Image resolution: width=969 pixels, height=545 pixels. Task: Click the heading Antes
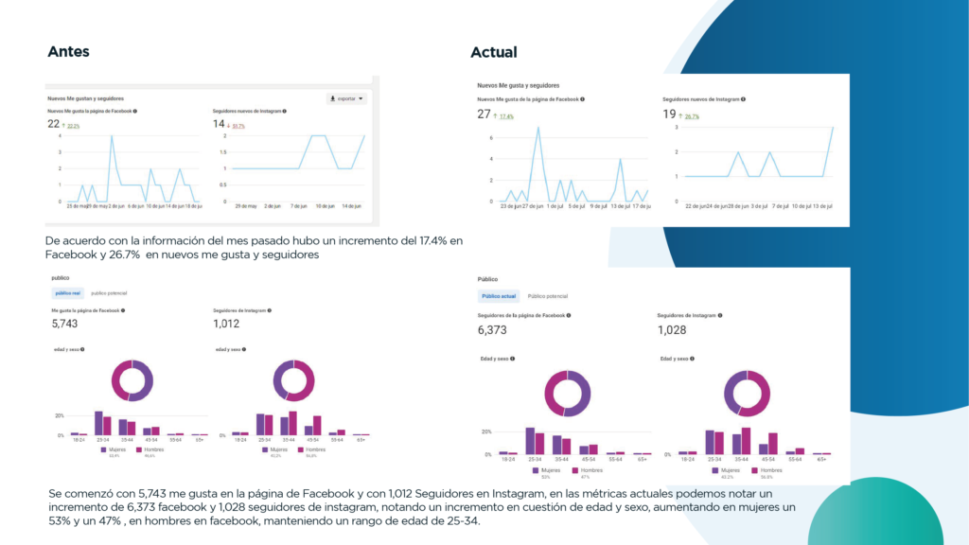click(68, 52)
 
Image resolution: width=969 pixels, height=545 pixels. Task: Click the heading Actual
click(494, 52)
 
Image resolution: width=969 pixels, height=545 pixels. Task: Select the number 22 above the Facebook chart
click(54, 123)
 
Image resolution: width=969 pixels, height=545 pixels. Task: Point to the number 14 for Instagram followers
click(219, 123)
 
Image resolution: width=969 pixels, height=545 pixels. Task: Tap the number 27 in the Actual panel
click(484, 114)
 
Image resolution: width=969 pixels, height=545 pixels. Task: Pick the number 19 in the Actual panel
click(669, 114)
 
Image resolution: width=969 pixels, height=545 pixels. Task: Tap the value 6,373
click(494, 330)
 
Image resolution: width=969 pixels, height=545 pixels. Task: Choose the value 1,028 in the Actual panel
click(672, 330)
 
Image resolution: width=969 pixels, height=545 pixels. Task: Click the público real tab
click(68, 293)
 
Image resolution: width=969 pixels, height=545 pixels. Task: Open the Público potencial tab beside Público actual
click(547, 296)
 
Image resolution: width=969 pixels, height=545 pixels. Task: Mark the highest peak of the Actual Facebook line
click(538, 127)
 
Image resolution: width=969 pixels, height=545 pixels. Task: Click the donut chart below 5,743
click(132, 381)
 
